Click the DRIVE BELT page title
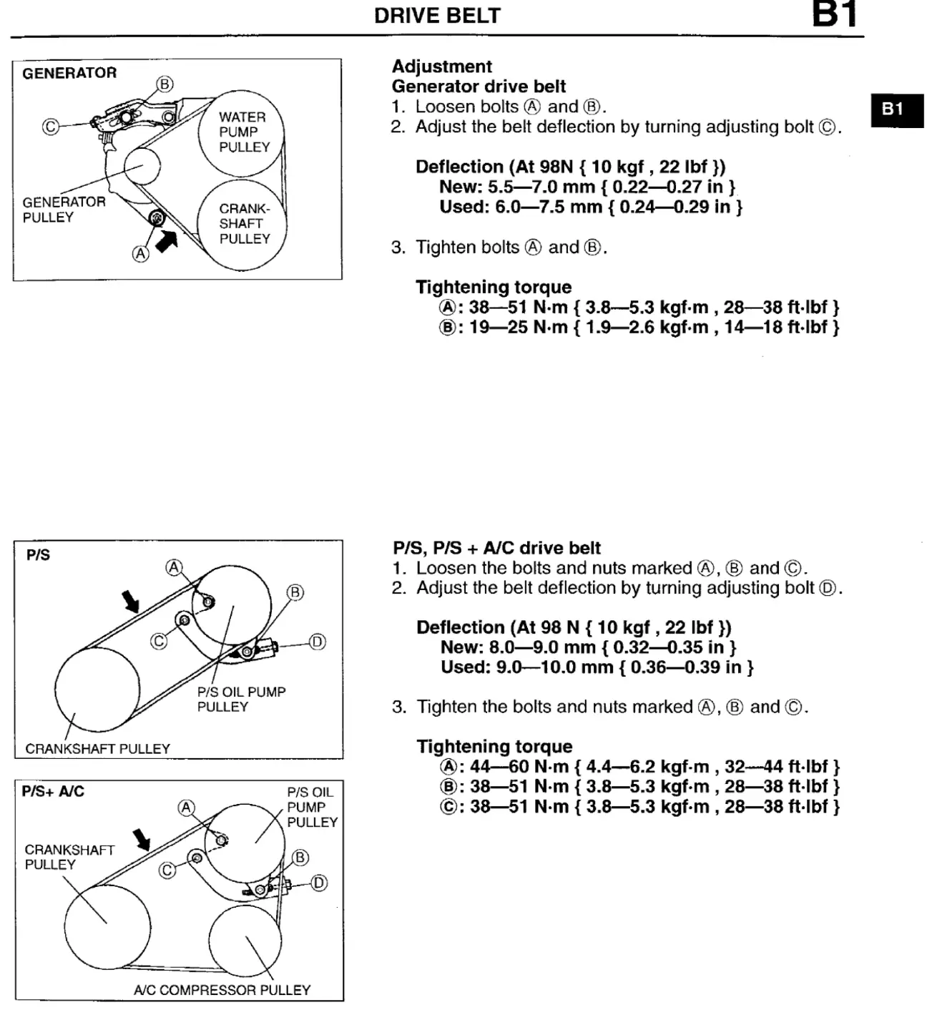(x=437, y=16)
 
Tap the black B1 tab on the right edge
(x=897, y=110)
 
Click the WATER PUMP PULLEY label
(x=245, y=132)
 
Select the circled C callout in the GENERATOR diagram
(x=51, y=127)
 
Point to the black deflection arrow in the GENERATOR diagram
(x=167, y=241)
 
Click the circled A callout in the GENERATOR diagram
(x=141, y=253)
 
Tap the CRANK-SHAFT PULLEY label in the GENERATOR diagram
(x=245, y=223)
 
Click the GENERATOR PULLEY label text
(x=64, y=210)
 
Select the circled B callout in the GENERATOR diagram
(x=165, y=84)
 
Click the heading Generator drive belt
(x=479, y=87)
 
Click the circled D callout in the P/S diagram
(x=318, y=642)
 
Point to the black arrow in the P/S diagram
(x=131, y=601)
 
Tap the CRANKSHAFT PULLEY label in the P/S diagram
(x=98, y=749)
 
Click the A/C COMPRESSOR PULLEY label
(x=222, y=990)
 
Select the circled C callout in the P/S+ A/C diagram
(x=167, y=871)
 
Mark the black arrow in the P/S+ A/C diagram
(x=142, y=840)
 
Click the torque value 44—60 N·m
(x=519, y=767)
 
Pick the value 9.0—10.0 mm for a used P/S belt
(x=554, y=667)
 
